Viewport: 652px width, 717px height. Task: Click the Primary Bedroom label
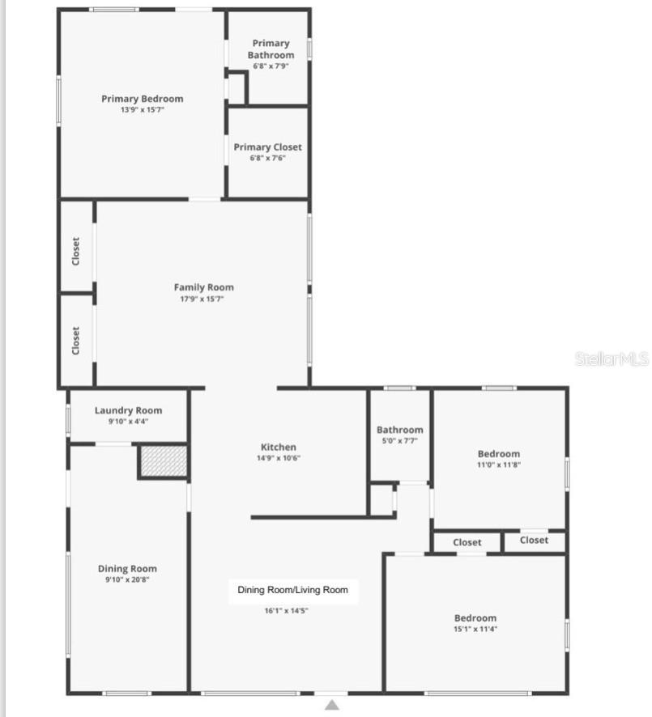142,99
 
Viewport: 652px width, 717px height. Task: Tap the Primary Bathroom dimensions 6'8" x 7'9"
271,66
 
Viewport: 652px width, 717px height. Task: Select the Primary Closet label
267,147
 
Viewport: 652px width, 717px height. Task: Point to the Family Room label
203,287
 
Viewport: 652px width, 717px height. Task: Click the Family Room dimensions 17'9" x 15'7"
203,299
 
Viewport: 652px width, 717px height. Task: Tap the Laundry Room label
128,410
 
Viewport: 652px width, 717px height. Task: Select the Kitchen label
278,447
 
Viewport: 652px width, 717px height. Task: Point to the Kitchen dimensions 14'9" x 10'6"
278,458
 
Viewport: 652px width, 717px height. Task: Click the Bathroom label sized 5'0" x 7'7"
399,430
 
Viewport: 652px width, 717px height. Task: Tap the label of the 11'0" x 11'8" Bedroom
498,454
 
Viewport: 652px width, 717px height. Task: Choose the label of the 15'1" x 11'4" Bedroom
475,618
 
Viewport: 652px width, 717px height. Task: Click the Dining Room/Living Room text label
292,590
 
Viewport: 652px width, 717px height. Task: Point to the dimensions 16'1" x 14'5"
286,611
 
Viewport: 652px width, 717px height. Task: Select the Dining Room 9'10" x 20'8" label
127,569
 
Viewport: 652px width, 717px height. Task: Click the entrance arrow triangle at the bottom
331,705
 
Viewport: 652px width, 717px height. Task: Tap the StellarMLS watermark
612,358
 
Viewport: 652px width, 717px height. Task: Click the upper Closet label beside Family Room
76,252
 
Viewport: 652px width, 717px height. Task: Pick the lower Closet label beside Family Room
76,341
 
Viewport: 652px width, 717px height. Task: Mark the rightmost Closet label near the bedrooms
534,541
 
